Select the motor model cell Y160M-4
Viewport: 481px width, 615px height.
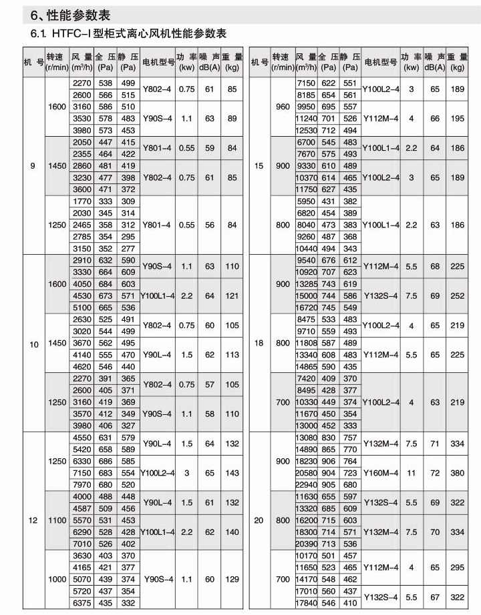click(x=381, y=472)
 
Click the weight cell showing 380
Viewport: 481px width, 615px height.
click(x=457, y=472)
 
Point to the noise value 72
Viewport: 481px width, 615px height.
click(x=435, y=472)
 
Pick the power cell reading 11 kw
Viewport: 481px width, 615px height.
click(x=411, y=472)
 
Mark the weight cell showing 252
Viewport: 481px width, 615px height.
click(x=457, y=295)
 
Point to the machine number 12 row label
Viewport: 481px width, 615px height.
click(x=33, y=520)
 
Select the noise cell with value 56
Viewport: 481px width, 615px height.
click(x=210, y=225)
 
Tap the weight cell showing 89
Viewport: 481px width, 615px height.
click(x=232, y=118)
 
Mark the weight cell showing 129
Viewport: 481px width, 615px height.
click(x=232, y=580)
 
